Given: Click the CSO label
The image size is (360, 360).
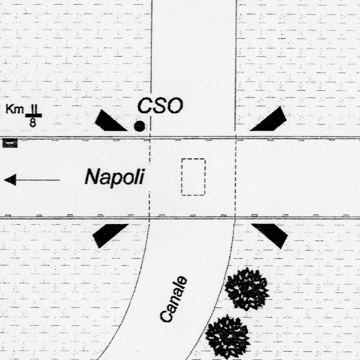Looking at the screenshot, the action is click(x=161, y=106).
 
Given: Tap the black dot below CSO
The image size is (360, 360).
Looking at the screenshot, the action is click(x=139, y=126).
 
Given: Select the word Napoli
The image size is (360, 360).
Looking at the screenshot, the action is click(x=115, y=177).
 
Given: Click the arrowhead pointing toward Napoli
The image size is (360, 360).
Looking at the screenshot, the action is click(x=10, y=180).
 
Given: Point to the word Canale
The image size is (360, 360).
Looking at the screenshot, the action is click(x=174, y=299).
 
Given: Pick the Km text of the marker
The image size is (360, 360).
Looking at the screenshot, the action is click(x=15, y=109).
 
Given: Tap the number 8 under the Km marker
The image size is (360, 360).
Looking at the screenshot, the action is click(x=33, y=122).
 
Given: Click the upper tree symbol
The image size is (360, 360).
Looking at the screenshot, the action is click(x=247, y=289).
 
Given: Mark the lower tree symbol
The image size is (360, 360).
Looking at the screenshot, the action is click(x=227, y=337).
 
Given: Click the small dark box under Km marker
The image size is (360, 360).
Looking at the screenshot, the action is click(x=10, y=143).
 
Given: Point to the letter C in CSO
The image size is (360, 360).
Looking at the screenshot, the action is click(x=144, y=106).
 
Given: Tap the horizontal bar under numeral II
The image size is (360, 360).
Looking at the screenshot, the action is click(x=33, y=115).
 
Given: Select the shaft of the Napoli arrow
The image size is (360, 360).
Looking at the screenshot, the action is click(x=38, y=180).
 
